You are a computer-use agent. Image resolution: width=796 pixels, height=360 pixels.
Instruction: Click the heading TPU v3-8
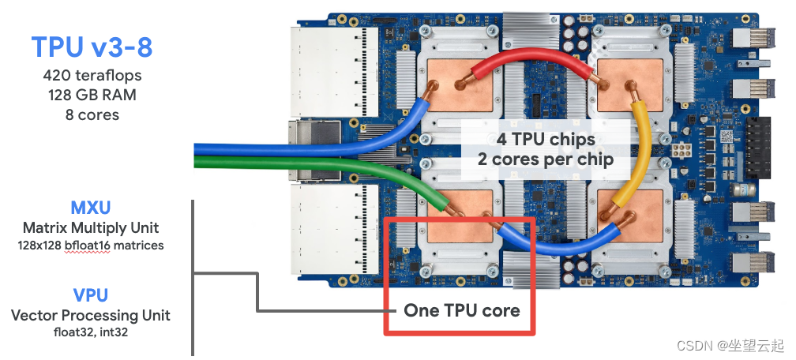point(92,47)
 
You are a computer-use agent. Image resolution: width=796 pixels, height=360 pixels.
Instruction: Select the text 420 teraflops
point(92,77)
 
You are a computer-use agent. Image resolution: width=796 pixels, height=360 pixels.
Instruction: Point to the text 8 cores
point(92,114)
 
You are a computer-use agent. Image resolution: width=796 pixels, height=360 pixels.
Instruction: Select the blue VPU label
point(91,296)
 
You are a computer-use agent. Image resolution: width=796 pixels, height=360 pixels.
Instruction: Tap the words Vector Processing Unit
point(91,315)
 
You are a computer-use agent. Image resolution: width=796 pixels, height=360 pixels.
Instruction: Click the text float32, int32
point(91,332)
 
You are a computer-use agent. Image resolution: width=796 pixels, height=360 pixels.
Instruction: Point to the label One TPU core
point(462,310)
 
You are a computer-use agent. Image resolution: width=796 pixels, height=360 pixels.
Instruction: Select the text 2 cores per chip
point(546,158)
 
